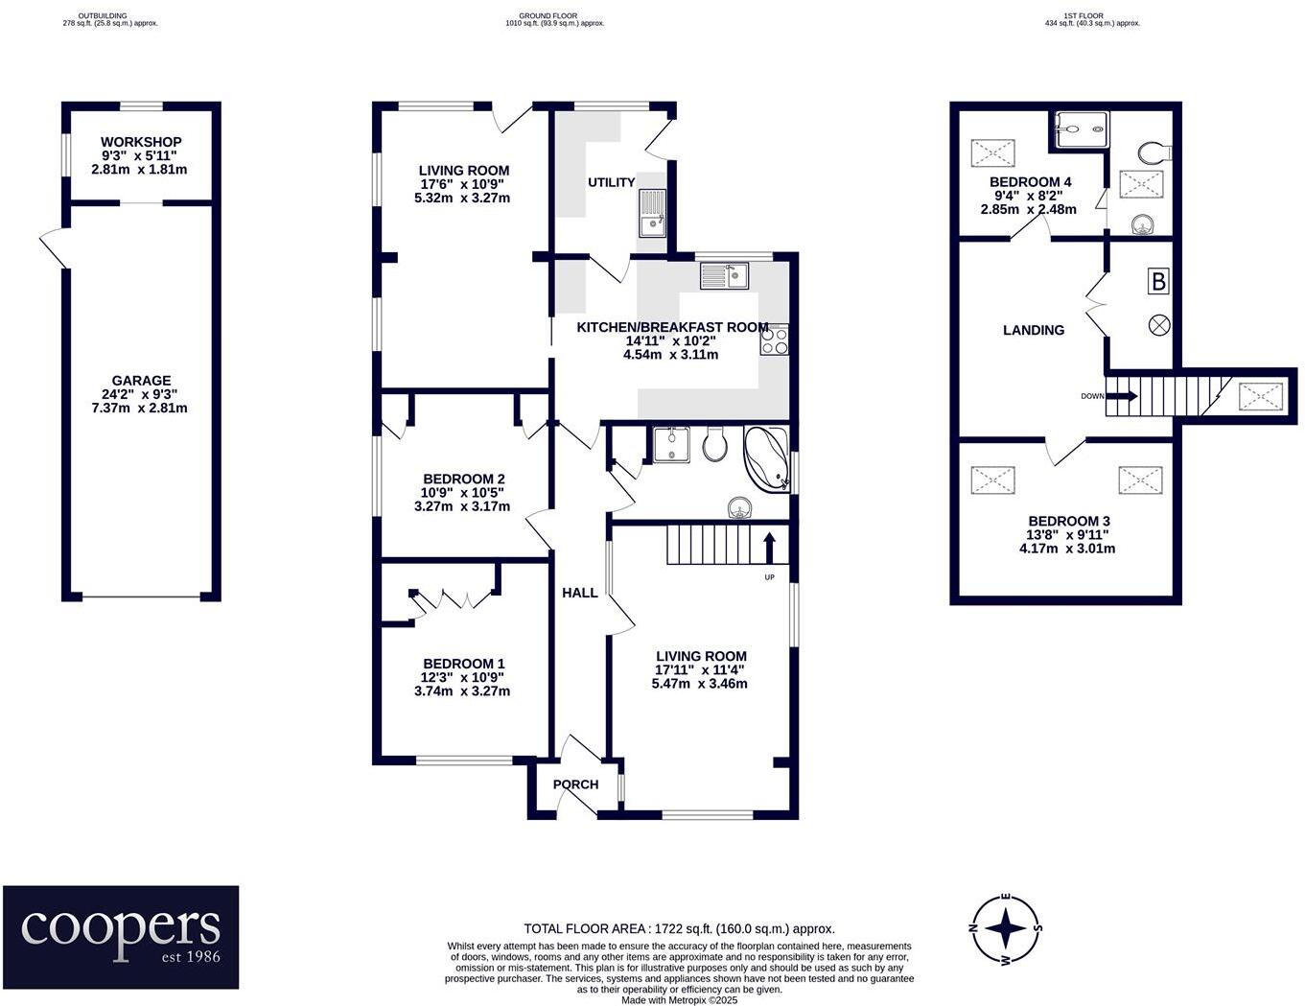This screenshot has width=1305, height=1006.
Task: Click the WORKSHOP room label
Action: (x=141, y=142)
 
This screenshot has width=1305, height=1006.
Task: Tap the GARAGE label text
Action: (x=141, y=381)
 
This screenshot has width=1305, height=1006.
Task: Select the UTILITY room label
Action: (x=611, y=182)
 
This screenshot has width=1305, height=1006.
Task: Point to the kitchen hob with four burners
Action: (x=774, y=339)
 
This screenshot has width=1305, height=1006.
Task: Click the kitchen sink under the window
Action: (x=724, y=276)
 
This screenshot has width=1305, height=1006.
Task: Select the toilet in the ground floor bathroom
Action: (x=714, y=443)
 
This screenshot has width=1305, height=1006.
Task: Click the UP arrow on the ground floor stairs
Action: (x=769, y=548)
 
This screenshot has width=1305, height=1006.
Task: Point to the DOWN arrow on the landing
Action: (x=1120, y=395)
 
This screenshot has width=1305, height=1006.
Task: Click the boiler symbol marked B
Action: (x=1158, y=282)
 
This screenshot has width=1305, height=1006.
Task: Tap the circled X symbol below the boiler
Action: (x=1158, y=325)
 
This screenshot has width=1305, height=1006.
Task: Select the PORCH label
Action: (x=575, y=784)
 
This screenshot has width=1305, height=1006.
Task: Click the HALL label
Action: (x=579, y=593)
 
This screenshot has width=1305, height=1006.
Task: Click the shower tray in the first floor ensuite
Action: (x=1082, y=129)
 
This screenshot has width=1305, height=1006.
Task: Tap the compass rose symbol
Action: (x=1006, y=928)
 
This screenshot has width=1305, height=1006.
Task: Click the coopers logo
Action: (x=121, y=936)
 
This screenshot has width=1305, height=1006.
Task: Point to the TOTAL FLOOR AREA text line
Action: (x=679, y=928)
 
